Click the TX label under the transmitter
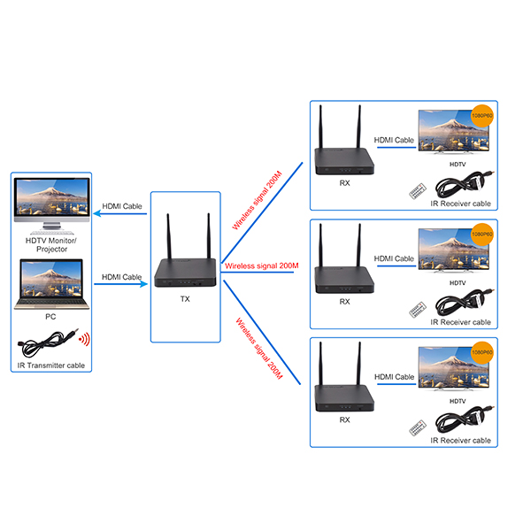coord(185,299)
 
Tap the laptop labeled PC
coord(51,284)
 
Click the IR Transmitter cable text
coord(51,366)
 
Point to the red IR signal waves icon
coord(84,339)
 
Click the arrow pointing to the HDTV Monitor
coord(120,213)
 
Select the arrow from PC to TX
coord(121,284)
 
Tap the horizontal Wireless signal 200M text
coord(262,265)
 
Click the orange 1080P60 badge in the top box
coord(481,116)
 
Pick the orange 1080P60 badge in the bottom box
coord(481,352)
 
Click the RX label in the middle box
coord(345,302)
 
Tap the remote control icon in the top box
coord(418,191)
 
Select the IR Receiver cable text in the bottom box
coord(460,440)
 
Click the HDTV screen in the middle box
coord(454,250)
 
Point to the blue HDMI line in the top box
coord(396,147)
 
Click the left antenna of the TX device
coord(169,237)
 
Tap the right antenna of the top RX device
coord(359,127)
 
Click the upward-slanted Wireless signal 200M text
coord(257,201)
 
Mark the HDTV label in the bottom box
coord(458,401)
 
